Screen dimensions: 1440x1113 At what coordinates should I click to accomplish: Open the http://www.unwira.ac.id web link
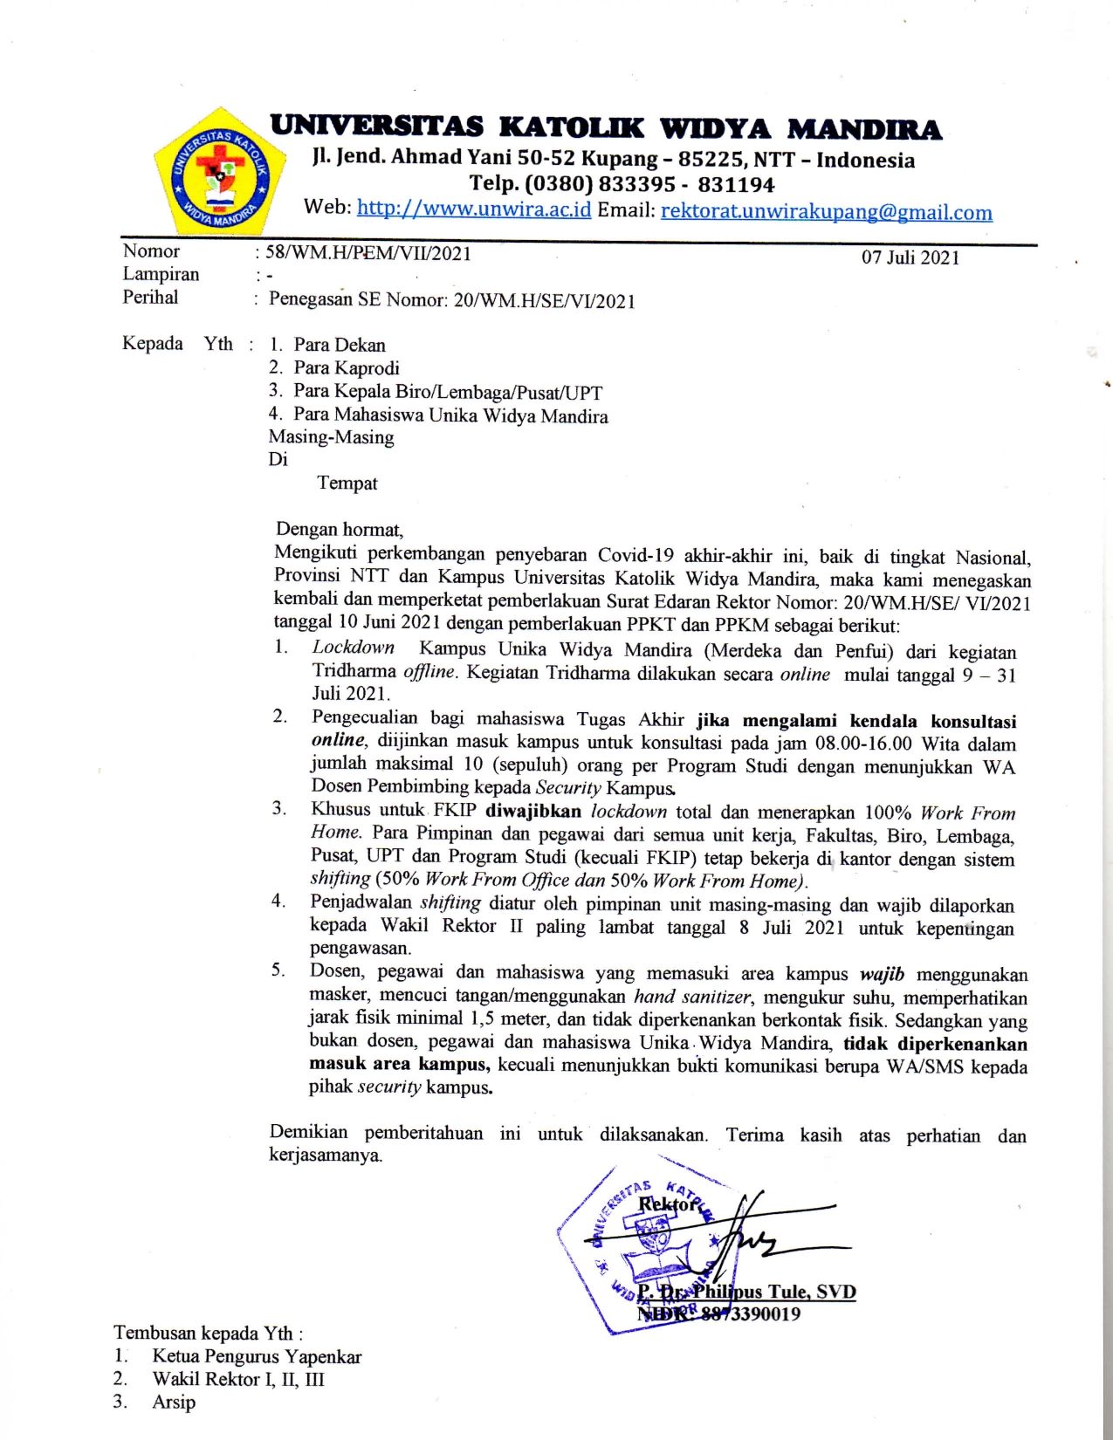pyautogui.click(x=474, y=209)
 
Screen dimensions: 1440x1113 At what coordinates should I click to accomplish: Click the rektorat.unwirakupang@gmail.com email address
pyautogui.click(x=826, y=212)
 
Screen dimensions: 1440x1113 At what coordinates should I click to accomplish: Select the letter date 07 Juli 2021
pyautogui.click(x=910, y=258)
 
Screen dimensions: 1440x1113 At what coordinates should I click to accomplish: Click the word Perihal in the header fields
pyautogui.click(x=150, y=298)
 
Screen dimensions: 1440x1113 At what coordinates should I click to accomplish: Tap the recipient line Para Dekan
pyautogui.click(x=339, y=346)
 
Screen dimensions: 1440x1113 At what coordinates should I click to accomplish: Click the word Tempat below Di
pyautogui.click(x=347, y=483)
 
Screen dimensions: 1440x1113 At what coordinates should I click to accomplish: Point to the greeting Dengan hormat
pyautogui.click(x=339, y=530)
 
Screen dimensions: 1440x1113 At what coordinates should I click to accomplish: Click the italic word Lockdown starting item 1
pyautogui.click(x=354, y=648)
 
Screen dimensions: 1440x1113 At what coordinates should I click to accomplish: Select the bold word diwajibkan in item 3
pyautogui.click(x=532, y=811)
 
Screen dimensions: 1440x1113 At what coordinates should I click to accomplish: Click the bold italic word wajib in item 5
pyautogui.click(x=882, y=974)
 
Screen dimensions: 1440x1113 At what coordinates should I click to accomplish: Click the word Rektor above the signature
pyautogui.click(x=668, y=1205)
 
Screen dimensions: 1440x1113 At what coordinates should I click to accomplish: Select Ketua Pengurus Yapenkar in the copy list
pyautogui.click(x=257, y=1357)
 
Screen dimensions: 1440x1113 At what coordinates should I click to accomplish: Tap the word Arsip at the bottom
pyautogui.click(x=174, y=1402)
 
